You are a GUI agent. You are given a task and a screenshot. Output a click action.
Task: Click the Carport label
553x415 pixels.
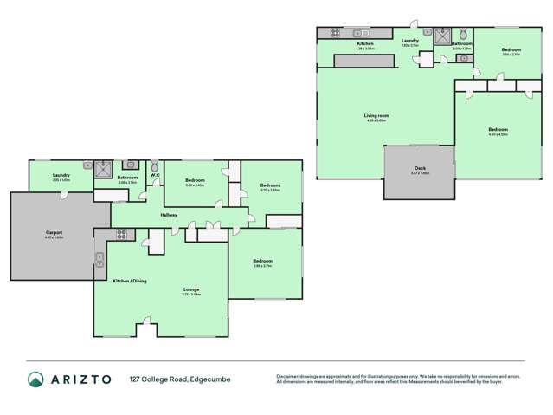point(52,233)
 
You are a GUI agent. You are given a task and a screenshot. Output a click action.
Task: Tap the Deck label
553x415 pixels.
point(420,169)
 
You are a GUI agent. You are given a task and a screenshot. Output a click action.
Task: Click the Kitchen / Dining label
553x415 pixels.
point(129,280)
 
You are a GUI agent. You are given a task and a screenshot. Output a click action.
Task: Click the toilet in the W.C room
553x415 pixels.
point(155,165)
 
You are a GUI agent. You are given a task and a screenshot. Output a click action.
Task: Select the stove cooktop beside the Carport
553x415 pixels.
point(122,232)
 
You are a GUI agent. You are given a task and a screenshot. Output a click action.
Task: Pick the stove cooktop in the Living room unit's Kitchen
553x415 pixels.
point(333,34)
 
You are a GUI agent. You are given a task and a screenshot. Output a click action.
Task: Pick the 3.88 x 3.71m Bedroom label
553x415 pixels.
point(262,262)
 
